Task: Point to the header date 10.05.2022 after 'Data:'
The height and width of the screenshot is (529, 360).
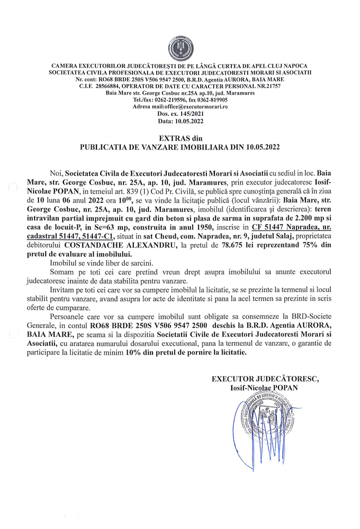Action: (187, 121)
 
